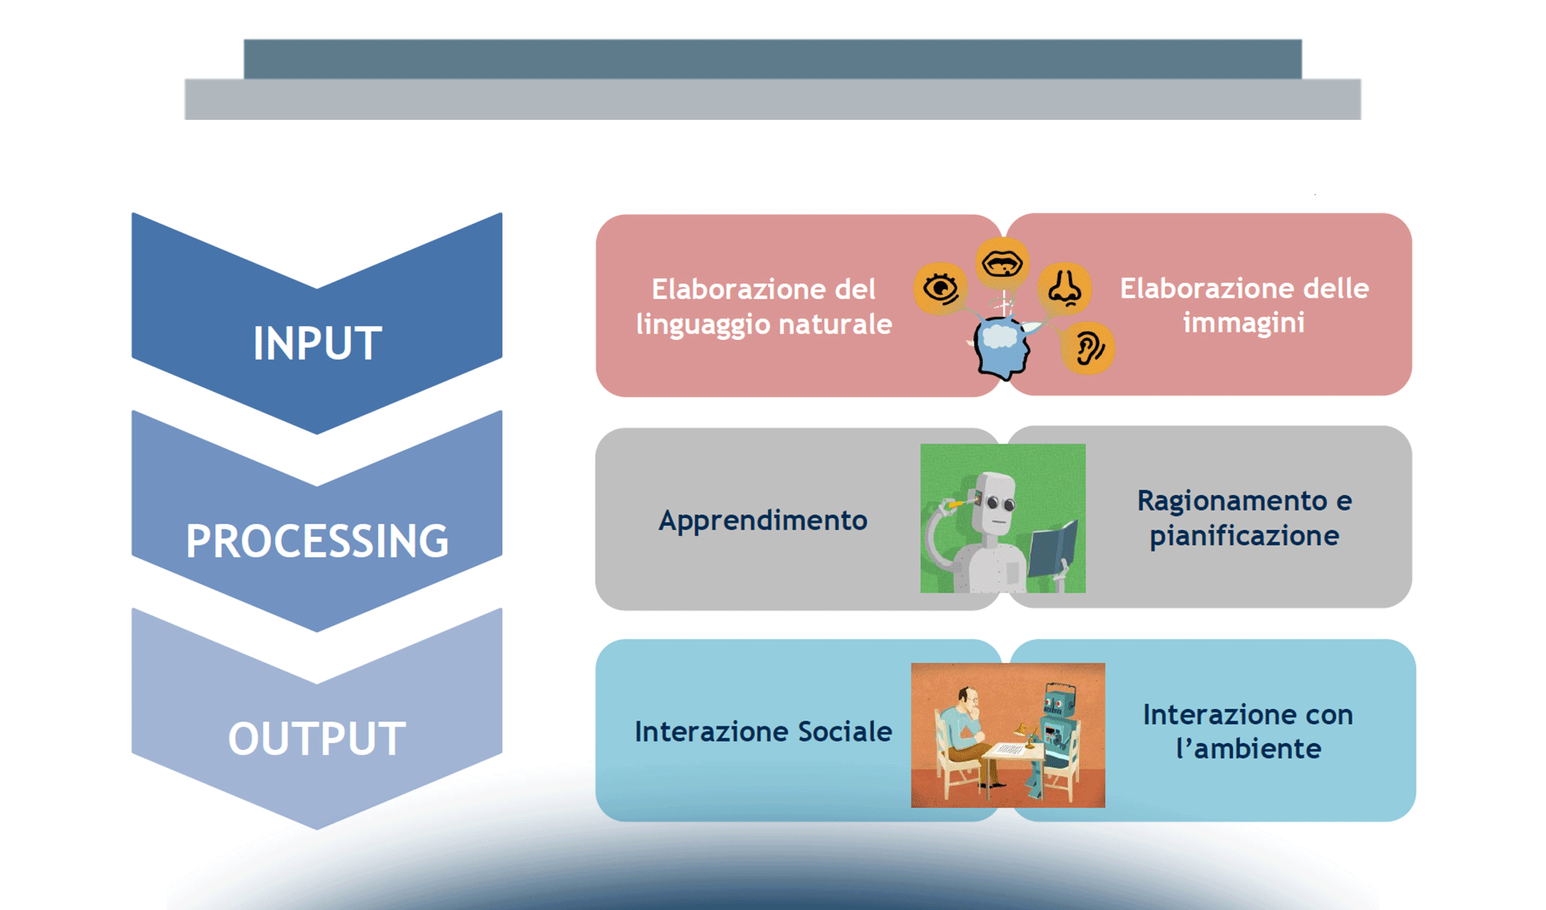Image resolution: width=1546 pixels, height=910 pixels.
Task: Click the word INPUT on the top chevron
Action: pyautogui.click(x=317, y=344)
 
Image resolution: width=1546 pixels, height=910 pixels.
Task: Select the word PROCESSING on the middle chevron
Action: pyautogui.click(x=317, y=541)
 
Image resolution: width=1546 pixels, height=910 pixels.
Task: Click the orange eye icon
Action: pyautogui.click(x=940, y=289)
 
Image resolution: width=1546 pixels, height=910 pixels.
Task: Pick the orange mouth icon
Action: pyautogui.click(x=1002, y=263)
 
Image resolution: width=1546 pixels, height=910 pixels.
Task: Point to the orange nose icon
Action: pyautogui.click(x=1064, y=288)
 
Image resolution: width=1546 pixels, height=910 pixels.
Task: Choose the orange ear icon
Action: pyautogui.click(x=1088, y=348)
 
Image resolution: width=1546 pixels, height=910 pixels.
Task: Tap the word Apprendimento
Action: pyautogui.click(x=762, y=520)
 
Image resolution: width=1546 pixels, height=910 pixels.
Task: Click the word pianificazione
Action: pyautogui.click(x=1244, y=536)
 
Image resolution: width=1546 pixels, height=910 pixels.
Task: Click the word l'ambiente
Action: pyautogui.click(x=1248, y=749)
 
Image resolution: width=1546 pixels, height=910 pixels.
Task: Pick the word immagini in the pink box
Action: pyautogui.click(x=1244, y=323)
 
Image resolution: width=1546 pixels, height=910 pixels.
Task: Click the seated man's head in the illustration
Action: pyautogui.click(x=967, y=699)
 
